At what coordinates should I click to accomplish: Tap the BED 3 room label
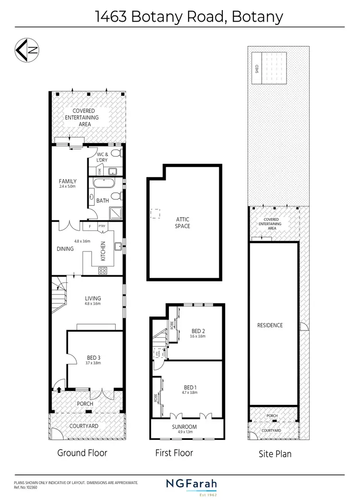pos(93,357)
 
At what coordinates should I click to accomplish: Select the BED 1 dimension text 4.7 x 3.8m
pos(190,393)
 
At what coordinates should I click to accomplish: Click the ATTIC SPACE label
pos(183,222)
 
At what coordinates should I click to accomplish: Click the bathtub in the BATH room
pos(103,183)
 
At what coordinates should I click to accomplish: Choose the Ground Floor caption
pos(82,452)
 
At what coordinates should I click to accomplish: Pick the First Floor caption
pos(174,452)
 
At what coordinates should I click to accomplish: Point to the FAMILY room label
pos(68,181)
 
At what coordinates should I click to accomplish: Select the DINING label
pos(65,249)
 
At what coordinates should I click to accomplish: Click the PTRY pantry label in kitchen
pos(101,226)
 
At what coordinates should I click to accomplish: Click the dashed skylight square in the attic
pos(155,214)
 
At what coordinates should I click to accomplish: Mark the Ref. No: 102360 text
pos(25,487)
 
